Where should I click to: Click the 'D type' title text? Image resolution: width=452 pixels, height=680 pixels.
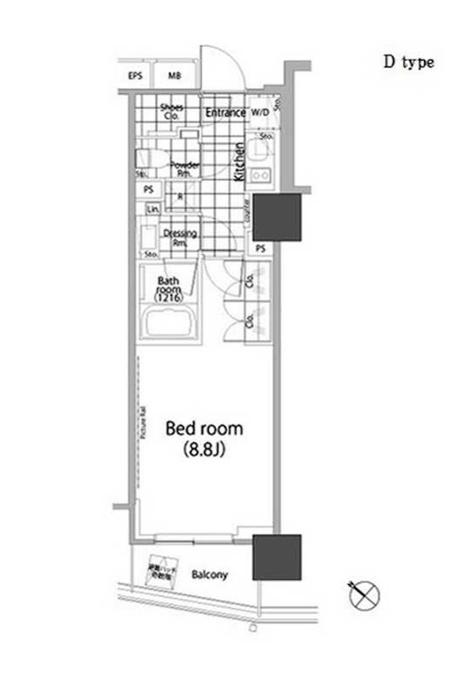(408, 62)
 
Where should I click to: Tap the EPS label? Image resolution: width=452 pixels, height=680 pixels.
(134, 76)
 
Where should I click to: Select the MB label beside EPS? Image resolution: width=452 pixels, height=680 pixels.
(174, 76)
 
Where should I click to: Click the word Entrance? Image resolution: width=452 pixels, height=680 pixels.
(225, 113)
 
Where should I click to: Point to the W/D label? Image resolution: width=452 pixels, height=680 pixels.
(259, 113)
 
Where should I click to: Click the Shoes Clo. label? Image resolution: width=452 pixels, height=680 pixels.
(171, 111)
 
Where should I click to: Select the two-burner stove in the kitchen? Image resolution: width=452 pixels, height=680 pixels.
(260, 176)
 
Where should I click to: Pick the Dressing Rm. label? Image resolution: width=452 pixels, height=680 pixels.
(180, 237)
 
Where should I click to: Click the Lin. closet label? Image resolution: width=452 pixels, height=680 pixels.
(153, 209)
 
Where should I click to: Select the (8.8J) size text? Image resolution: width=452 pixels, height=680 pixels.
(204, 450)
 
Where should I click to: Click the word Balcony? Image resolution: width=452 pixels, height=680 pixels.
(209, 575)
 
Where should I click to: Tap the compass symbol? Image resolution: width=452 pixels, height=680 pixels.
(364, 595)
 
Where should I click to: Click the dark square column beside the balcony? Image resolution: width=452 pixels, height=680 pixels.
(277, 557)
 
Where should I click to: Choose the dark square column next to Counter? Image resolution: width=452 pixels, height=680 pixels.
(277, 217)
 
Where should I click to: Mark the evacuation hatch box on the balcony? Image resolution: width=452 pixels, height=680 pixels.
(162, 570)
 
